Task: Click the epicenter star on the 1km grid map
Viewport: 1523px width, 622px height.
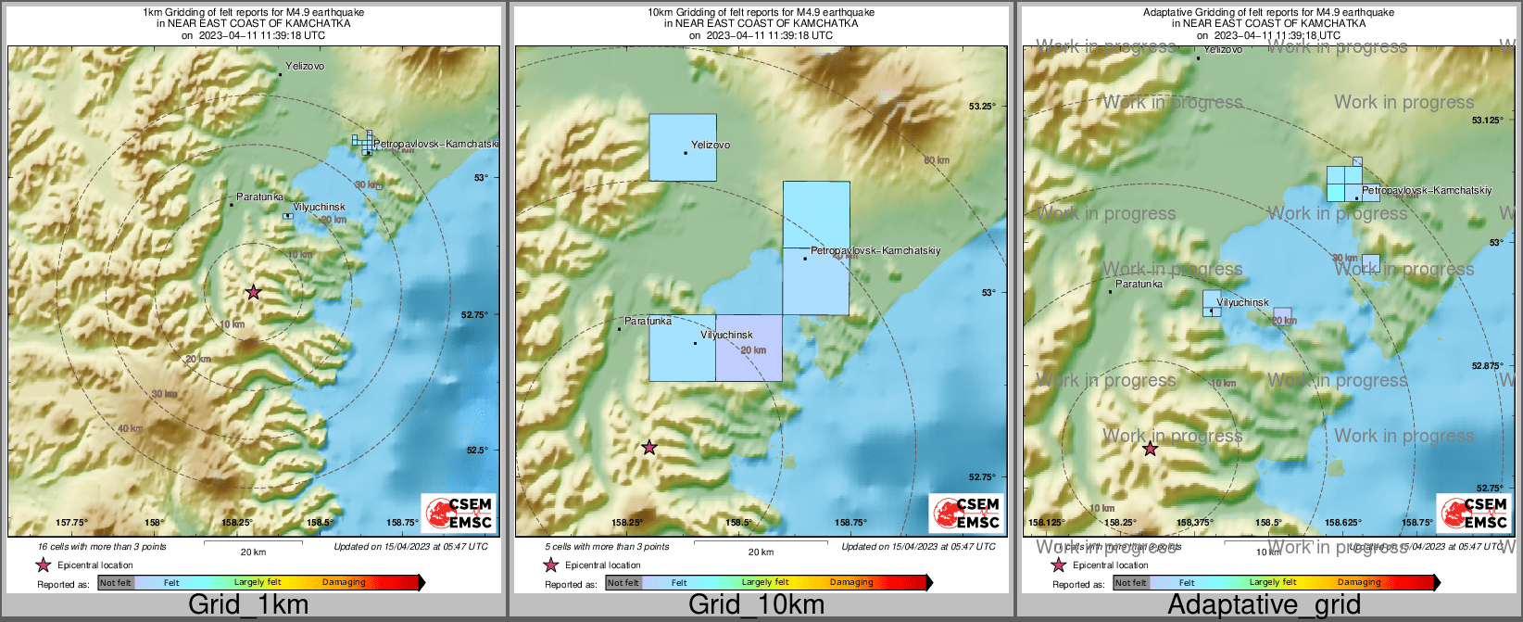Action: pyautogui.click(x=253, y=292)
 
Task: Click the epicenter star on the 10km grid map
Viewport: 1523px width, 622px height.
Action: pyautogui.click(x=649, y=448)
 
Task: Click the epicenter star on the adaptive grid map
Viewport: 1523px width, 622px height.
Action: pyautogui.click(x=1150, y=449)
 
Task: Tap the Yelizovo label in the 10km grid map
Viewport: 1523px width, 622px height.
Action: pyautogui.click(x=711, y=145)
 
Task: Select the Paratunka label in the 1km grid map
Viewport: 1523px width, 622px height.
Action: pyautogui.click(x=259, y=197)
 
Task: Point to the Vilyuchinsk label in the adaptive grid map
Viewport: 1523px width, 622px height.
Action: pyautogui.click(x=1242, y=302)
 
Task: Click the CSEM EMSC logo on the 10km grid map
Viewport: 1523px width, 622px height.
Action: pyautogui.click(x=966, y=513)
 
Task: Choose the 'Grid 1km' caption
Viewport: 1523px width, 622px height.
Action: pyautogui.click(x=248, y=605)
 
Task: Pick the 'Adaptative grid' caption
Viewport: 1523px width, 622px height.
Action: pyautogui.click(x=1264, y=605)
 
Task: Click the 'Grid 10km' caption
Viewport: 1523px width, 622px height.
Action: pyautogui.click(x=756, y=605)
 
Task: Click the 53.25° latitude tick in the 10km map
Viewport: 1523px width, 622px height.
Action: pyautogui.click(x=982, y=107)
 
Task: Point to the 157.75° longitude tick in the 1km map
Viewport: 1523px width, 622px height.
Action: pyautogui.click(x=72, y=523)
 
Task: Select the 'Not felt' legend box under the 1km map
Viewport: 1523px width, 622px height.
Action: pyautogui.click(x=116, y=583)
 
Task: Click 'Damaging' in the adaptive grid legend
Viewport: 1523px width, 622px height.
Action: pyautogui.click(x=1359, y=583)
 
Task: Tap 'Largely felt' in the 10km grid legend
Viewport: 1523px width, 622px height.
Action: pyautogui.click(x=765, y=583)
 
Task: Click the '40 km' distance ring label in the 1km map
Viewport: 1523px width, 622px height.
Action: pyautogui.click(x=130, y=428)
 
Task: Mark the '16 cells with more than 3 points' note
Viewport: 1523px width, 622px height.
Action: pyautogui.click(x=102, y=547)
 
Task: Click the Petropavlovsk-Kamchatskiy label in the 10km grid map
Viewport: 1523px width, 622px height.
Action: pyautogui.click(x=875, y=251)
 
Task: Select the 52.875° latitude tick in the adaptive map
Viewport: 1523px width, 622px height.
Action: pyautogui.click(x=1487, y=366)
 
